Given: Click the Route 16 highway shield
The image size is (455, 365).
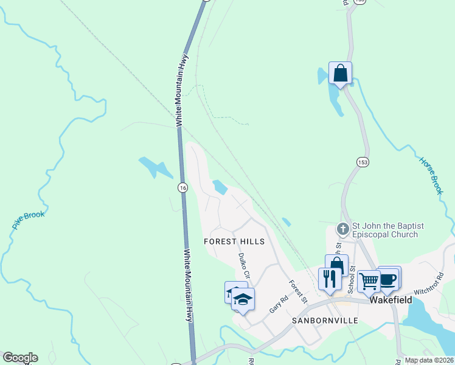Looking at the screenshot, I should pos(182,188).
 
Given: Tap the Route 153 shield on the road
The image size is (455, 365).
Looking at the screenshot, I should pos(363,162).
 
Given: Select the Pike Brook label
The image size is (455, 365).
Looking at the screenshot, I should pos(28,220).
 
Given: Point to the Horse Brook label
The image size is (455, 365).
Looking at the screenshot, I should pos(431,176).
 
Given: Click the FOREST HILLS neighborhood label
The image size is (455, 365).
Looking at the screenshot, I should pos(234,242).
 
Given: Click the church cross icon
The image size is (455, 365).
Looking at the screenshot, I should pos(342,230).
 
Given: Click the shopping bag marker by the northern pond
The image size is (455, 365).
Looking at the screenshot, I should pos(340,74).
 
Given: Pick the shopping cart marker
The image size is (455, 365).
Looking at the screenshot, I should pos(369,281).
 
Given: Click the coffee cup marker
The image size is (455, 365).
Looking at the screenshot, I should pos(388,279).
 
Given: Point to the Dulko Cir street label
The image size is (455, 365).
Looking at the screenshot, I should pos(245,266).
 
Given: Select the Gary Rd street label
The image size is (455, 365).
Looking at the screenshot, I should pos(278,305).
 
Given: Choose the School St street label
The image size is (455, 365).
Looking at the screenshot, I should pos(351,277).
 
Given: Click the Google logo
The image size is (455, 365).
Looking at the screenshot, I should pos(20,358).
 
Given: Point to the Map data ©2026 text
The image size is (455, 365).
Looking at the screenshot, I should pos(428,360).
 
